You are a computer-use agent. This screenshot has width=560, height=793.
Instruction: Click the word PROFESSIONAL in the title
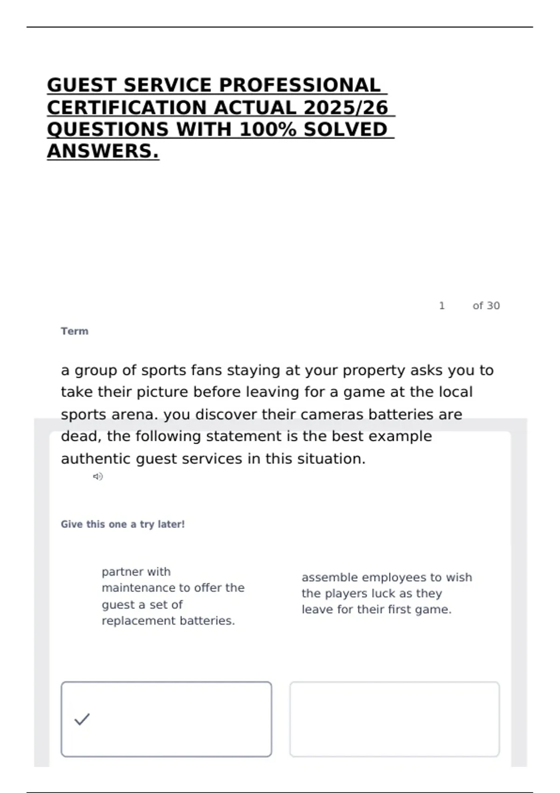tap(300, 85)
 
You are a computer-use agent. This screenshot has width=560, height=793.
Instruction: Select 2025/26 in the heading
tap(345, 108)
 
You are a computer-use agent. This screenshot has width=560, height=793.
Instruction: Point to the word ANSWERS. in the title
tap(103, 151)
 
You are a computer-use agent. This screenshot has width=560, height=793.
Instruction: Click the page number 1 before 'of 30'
tap(441, 306)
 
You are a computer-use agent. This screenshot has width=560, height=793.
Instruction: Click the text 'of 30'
tap(486, 306)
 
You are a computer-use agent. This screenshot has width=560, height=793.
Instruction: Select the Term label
tap(75, 331)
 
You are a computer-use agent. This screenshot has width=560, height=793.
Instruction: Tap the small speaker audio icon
tap(98, 476)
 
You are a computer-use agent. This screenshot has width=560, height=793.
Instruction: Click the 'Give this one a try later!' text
tap(123, 524)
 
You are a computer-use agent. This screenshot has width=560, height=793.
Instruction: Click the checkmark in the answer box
tap(82, 719)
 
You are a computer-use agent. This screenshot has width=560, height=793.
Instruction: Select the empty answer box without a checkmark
tap(394, 719)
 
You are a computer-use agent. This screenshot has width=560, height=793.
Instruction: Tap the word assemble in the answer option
tap(329, 577)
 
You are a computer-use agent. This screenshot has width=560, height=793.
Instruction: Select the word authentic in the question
tap(96, 459)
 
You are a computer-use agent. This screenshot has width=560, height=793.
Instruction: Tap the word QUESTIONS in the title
tap(108, 130)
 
